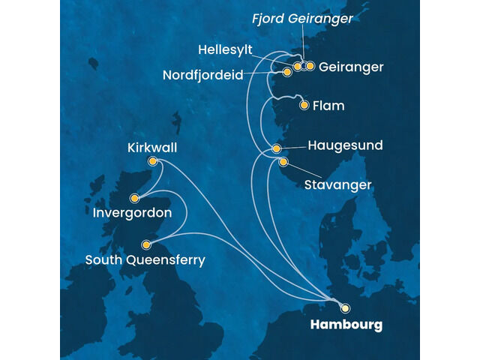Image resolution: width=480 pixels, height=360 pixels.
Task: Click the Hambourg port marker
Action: (x=345, y=307)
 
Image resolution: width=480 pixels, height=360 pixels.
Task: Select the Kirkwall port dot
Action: (x=153, y=161)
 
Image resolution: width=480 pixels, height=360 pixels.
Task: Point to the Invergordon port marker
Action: (x=134, y=199)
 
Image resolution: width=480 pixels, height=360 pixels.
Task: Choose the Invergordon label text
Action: (x=132, y=214)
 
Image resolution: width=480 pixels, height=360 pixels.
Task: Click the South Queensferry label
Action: (x=145, y=260)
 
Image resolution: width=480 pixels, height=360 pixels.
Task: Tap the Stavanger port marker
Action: (x=283, y=162)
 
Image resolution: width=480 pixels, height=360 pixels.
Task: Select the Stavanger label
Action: (x=337, y=183)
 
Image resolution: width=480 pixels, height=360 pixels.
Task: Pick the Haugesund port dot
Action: (x=277, y=148)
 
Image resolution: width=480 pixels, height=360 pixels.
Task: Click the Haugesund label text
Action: (x=345, y=145)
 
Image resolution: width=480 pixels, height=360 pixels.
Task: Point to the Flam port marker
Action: (x=304, y=105)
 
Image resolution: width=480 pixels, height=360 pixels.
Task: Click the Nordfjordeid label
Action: (x=207, y=76)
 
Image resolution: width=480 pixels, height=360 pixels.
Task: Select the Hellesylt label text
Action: (x=226, y=50)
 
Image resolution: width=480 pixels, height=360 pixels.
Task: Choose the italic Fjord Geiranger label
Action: (x=312, y=19)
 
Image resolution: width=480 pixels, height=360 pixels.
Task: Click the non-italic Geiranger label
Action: (x=351, y=67)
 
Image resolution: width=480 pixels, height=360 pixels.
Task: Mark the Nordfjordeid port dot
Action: (x=287, y=72)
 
